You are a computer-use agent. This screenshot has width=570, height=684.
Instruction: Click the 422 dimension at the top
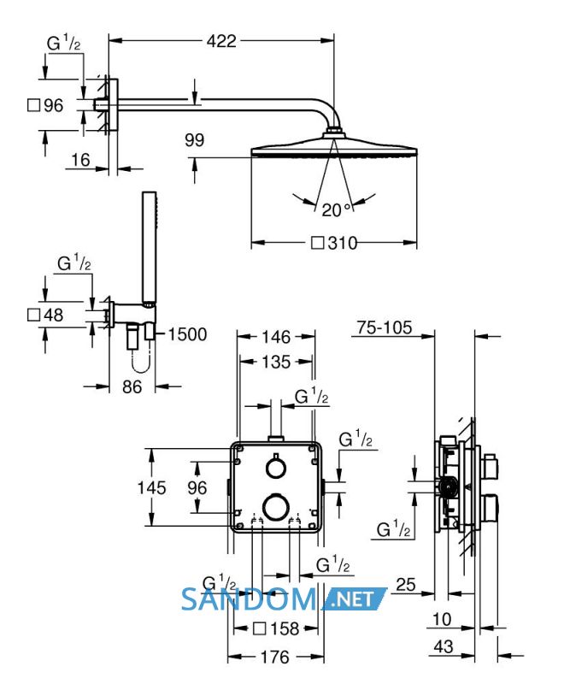(221, 41)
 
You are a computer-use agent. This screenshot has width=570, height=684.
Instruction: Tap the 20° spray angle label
(336, 209)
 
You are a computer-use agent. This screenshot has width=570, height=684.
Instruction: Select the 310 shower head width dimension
(334, 243)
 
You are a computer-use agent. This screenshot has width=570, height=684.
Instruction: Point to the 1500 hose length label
(187, 334)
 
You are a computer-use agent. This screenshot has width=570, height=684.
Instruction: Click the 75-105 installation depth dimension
(385, 327)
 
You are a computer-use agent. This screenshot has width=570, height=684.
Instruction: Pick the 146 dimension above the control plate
(276, 337)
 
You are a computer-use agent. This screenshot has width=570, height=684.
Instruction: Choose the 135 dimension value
(276, 362)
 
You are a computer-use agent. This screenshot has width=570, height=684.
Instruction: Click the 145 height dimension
(151, 487)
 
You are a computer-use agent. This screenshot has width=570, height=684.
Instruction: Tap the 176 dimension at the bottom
(275, 657)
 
